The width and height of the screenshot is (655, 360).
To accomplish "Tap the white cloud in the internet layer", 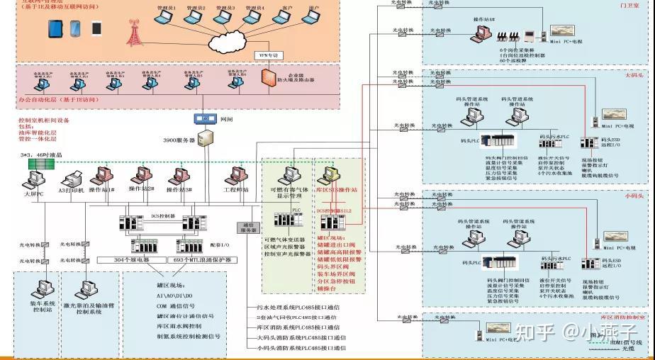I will pos(227,35).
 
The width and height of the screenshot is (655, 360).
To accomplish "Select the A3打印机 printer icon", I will pos(73,179).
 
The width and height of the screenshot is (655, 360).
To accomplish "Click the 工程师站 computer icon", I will pos(236,176).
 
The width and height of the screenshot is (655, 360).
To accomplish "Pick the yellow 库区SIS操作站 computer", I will pos(330,176).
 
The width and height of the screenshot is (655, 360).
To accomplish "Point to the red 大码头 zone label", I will pos(633,75).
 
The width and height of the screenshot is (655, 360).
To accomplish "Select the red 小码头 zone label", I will pos(633,196).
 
